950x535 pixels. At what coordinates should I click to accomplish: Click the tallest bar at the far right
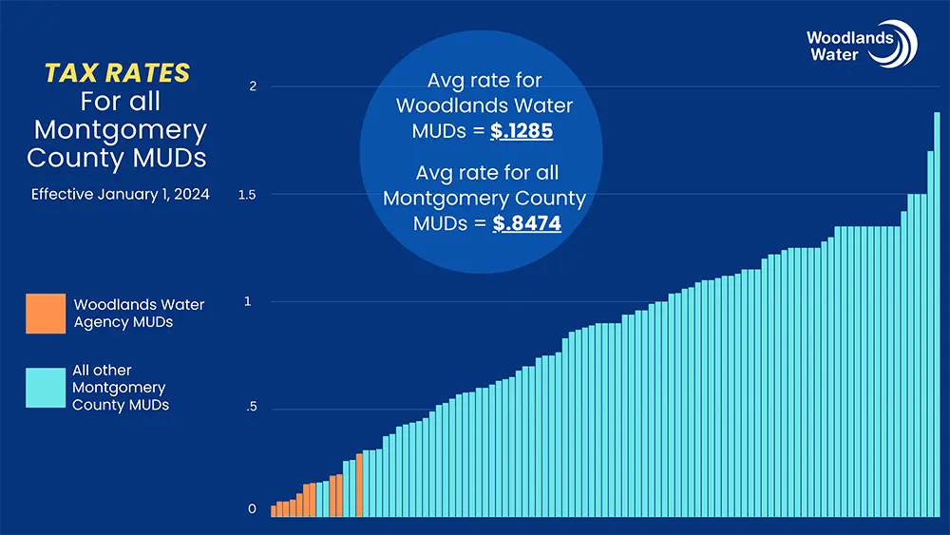point(937,314)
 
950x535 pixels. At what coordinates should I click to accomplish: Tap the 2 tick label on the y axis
point(253,87)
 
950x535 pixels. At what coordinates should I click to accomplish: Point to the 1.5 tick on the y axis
point(247,195)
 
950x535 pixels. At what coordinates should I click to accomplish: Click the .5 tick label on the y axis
point(251,410)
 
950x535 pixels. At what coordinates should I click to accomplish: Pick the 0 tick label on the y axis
point(253,509)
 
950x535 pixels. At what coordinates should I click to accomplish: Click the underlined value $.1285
point(522,131)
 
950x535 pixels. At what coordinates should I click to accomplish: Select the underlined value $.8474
point(526,224)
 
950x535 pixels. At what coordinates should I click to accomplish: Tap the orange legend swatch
point(46,314)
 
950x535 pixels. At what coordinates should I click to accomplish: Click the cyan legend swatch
point(46,388)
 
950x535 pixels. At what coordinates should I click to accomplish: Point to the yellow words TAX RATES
point(118,73)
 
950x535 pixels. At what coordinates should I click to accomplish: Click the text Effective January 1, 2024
point(121,195)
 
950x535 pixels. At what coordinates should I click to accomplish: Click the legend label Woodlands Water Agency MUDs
point(139,314)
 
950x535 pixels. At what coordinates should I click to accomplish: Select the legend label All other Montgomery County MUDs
point(119,388)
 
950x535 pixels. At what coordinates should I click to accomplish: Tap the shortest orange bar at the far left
point(274,511)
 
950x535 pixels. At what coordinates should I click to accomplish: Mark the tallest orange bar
point(359,485)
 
